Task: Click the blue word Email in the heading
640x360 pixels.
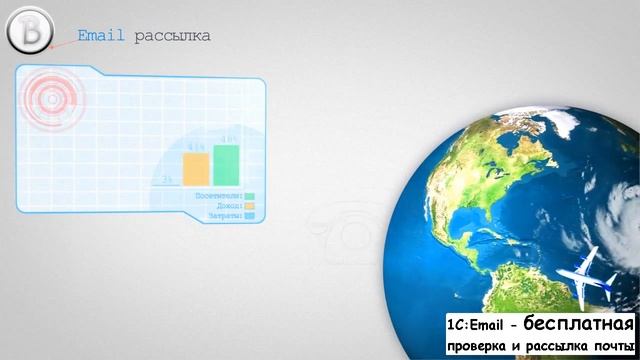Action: tap(102, 36)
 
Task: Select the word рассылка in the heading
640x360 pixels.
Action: tap(172, 37)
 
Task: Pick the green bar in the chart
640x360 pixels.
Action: tap(226, 166)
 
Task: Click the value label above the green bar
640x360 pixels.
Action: tap(228, 139)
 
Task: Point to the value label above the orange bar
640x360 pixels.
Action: tap(196, 148)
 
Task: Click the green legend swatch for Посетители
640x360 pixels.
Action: tap(249, 197)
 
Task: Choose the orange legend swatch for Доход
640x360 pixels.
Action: tap(249, 207)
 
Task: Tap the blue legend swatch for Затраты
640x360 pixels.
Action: tap(249, 216)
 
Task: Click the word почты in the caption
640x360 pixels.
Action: tap(611, 346)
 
